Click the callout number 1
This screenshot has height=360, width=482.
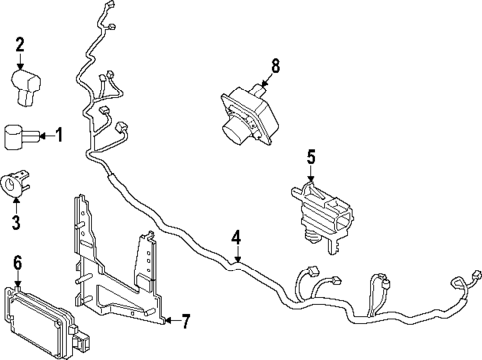coord(58,134)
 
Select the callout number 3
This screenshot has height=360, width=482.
coord(16,218)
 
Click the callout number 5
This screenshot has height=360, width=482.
coord(310,156)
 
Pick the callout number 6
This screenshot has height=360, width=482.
coord(16,262)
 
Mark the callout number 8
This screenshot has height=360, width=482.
coord(275,67)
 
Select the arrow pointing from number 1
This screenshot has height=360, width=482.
coord(45,134)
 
